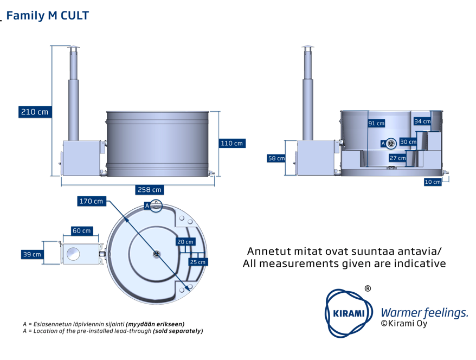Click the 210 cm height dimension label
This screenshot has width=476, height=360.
pyautogui.click(x=35, y=112)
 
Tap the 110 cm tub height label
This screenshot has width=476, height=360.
pyautogui.click(x=232, y=143)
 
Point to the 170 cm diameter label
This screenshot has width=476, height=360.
pyautogui.click(x=91, y=201)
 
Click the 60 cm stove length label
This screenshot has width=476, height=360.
pyautogui.click(x=82, y=231)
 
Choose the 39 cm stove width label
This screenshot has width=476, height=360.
pyautogui.click(x=31, y=254)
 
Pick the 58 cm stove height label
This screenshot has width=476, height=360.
pyautogui.click(x=276, y=158)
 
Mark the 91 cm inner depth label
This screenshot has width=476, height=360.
pyautogui.click(x=376, y=124)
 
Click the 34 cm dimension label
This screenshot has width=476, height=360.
pyautogui.click(x=422, y=121)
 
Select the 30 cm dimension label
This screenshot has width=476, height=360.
pyautogui.click(x=408, y=142)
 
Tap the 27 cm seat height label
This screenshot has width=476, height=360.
pyautogui.click(x=397, y=158)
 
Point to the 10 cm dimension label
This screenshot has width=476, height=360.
pyautogui.click(x=432, y=182)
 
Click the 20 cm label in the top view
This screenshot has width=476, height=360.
pyautogui.click(x=185, y=242)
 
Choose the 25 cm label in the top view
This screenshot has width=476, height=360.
pyautogui.click(x=197, y=262)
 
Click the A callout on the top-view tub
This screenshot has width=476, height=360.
pyautogui.click(x=147, y=205)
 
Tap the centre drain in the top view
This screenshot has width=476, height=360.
pyautogui.click(x=156, y=254)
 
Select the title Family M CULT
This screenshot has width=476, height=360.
pyautogui.click(x=47, y=16)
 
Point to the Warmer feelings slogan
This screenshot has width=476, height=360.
pyautogui.click(x=424, y=313)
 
